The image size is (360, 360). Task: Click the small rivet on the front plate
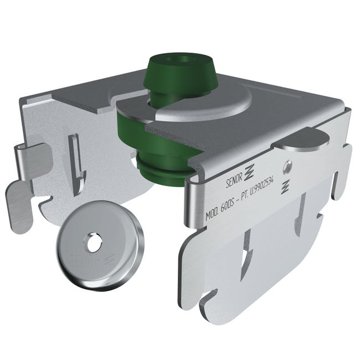tap(287, 164)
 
